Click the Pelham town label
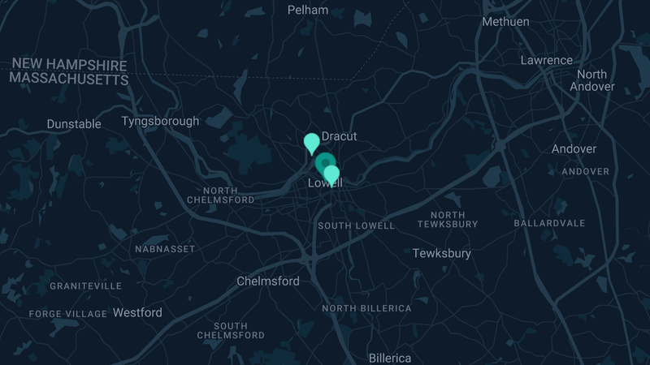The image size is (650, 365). (308, 11)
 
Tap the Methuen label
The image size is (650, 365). (505, 22)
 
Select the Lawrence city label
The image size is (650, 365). (546, 60)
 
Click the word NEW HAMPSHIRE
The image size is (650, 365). (69, 65)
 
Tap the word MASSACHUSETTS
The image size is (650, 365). (69, 79)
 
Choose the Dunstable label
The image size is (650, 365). (74, 124)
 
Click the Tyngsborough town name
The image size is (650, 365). (160, 122)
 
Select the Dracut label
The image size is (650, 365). (340, 136)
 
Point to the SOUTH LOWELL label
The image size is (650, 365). (356, 225)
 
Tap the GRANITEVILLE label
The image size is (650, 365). (86, 286)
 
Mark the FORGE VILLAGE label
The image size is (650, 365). (68, 314)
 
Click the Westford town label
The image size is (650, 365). (137, 312)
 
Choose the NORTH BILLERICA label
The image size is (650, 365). (366, 308)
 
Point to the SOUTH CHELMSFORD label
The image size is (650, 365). (231, 330)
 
